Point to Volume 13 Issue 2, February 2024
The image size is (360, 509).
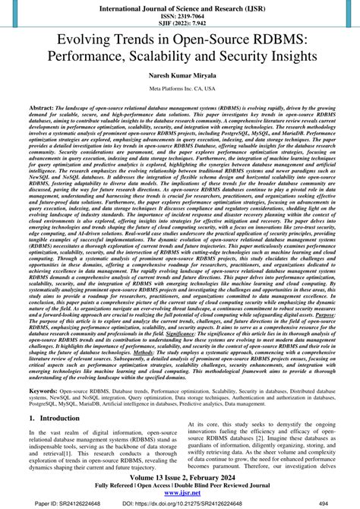coord(180,476)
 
